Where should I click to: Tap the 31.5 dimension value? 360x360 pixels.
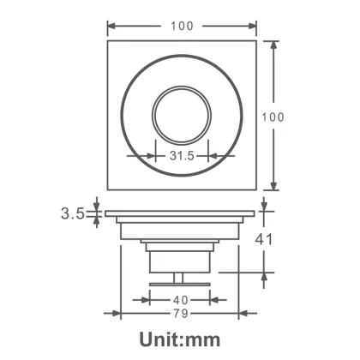[x=181, y=157]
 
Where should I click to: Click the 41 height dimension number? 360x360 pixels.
[x=265, y=240]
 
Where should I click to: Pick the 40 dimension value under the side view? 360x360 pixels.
[x=181, y=300]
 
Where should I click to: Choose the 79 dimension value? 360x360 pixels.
[x=181, y=314]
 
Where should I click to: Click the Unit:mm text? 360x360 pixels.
[x=180, y=339]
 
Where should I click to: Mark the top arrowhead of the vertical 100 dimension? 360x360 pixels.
[x=274, y=45]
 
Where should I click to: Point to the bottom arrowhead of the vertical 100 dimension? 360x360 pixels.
[x=274, y=186]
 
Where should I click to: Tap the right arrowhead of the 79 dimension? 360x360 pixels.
[x=237, y=314]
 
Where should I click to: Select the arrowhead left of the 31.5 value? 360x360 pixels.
[x=157, y=157]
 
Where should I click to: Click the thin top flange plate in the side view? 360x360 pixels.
[x=181, y=212]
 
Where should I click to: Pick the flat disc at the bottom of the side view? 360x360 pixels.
[x=181, y=283]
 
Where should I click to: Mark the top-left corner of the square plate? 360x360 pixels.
[x=107, y=40]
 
